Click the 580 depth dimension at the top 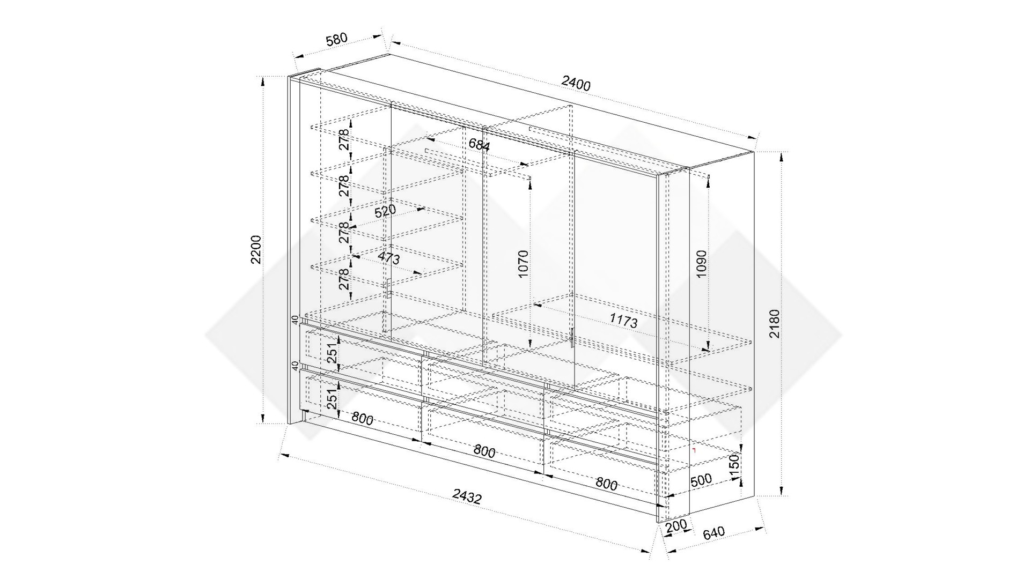(337, 40)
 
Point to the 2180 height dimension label (775, 323)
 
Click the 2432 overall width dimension (467, 497)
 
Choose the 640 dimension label (713, 532)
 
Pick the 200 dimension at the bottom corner (676, 526)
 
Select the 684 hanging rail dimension (479, 144)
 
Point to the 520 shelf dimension (385, 211)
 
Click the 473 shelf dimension (389, 258)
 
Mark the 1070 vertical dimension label (524, 263)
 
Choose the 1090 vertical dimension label (702, 264)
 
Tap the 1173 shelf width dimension (623, 321)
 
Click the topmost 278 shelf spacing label (344, 139)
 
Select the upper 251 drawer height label (333, 352)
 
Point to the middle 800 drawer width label (484, 451)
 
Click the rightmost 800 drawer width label (606, 484)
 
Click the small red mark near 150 (694, 450)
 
